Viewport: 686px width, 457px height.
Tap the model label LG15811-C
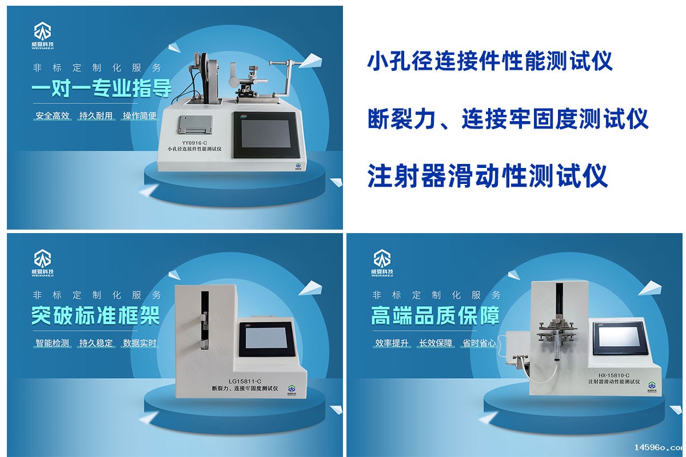click(245, 381)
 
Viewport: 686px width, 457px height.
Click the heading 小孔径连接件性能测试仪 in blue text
click(489, 61)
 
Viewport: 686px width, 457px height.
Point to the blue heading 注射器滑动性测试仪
click(487, 175)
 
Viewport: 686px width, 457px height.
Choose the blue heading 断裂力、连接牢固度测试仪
click(508, 119)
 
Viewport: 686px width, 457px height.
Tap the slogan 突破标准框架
click(95, 315)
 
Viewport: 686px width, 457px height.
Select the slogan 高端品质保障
click(436, 315)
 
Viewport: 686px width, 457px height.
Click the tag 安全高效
click(53, 115)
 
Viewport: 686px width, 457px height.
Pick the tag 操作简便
click(139, 115)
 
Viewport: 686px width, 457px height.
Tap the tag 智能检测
click(52, 343)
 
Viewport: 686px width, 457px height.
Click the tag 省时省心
click(479, 343)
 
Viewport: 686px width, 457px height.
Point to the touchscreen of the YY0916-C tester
click(265, 135)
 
